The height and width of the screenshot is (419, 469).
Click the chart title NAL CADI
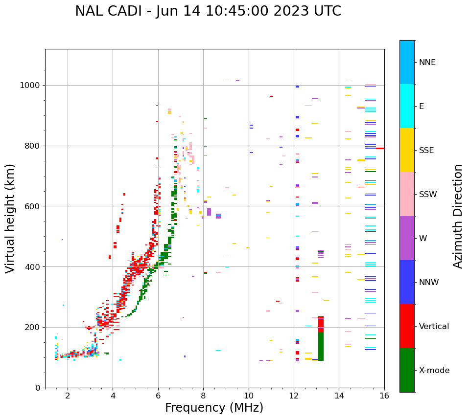208,11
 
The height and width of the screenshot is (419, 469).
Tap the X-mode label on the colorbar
434,371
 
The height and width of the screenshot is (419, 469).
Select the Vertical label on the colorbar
434,327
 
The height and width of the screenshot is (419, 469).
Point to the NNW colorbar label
428,283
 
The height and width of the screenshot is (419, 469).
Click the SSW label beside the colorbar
428,195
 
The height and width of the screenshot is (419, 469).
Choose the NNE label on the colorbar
427,63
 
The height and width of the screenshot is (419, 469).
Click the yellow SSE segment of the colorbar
407,150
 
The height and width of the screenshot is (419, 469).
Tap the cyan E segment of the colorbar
407,106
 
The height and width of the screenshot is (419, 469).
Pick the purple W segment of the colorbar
407,238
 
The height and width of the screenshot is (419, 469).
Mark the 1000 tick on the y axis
31,86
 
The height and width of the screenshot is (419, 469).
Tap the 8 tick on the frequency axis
203,396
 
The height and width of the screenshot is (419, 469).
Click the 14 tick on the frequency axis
339,396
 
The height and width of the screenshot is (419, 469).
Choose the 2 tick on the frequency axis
68,396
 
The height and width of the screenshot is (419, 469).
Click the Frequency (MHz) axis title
214,408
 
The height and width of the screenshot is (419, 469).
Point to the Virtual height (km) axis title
11,219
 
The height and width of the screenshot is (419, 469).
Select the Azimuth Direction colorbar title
458,216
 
